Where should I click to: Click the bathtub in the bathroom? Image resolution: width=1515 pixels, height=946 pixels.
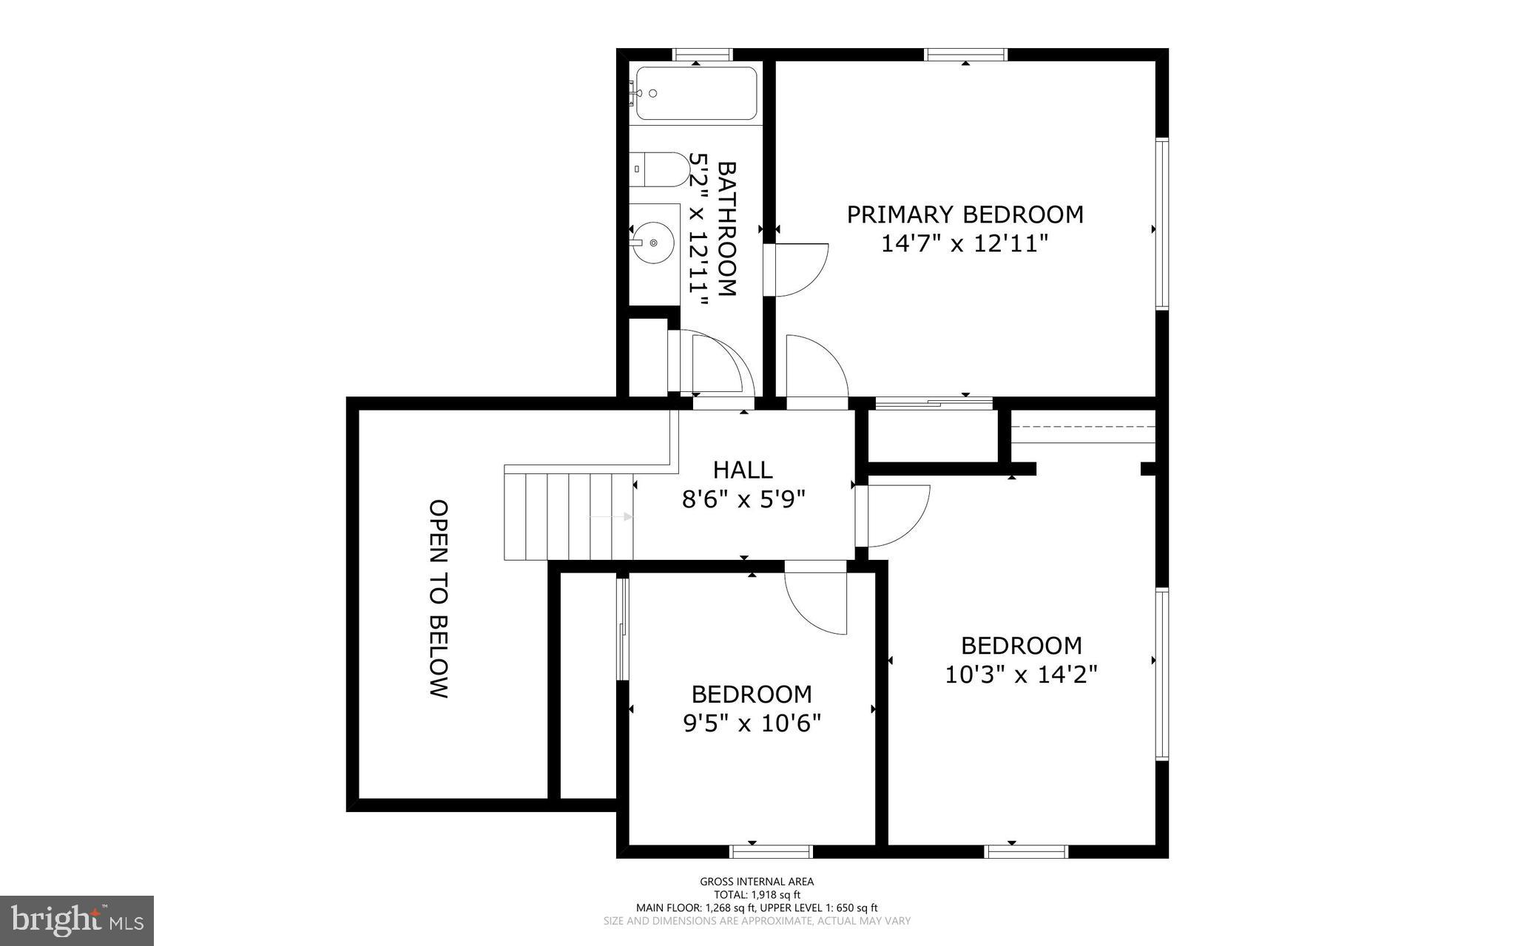696,93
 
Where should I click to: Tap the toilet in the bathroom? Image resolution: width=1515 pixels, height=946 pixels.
661,169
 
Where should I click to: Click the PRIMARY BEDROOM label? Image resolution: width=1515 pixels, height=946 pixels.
965,214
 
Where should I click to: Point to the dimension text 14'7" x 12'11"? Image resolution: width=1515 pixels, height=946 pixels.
965,243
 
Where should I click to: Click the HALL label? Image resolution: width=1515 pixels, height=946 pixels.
743,470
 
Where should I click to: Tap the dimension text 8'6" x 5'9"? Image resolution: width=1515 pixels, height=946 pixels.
743,500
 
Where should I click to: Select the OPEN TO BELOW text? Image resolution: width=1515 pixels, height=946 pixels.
439,599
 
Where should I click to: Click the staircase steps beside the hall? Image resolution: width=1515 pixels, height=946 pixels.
568,516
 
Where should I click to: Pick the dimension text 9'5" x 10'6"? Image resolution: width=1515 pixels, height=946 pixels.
752,723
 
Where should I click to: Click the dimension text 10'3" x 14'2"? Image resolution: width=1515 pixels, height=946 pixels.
1021,675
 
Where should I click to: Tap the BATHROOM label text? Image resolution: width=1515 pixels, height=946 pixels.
727,229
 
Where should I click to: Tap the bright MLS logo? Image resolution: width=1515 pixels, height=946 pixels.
77,920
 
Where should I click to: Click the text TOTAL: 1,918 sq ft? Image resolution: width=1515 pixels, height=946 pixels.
756,894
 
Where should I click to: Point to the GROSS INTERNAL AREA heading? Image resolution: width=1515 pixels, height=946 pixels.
756,881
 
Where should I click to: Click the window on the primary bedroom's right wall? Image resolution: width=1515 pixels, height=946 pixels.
1162,223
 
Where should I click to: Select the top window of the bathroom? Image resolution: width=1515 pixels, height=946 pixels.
702,54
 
